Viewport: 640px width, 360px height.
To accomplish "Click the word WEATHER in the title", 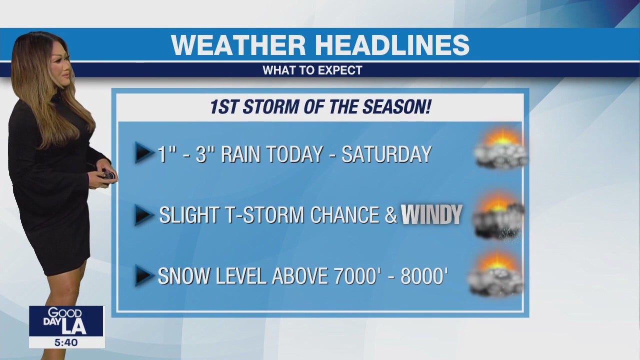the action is pyautogui.click(x=238, y=45).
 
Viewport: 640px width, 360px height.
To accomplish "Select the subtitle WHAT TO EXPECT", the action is pyautogui.click(x=312, y=70).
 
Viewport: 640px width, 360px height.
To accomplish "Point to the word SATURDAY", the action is pyautogui.click(x=386, y=154).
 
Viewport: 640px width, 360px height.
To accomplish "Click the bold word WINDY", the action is pyautogui.click(x=431, y=214).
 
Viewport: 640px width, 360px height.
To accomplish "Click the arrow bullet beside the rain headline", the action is pyautogui.click(x=144, y=152).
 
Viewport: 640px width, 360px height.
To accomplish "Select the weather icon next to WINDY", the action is pyautogui.click(x=499, y=215).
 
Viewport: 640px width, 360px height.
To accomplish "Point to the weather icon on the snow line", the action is pyautogui.click(x=496, y=273).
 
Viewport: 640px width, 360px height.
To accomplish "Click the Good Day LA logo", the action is pyautogui.click(x=66, y=321).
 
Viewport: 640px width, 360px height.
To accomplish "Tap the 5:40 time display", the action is pyautogui.click(x=66, y=342).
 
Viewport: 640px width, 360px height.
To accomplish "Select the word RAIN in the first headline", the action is pyautogui.click(x=241, y=154).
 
